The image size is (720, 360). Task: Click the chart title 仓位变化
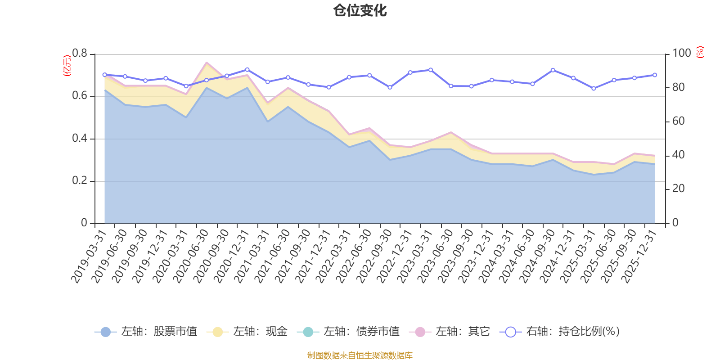[x=360, y=10]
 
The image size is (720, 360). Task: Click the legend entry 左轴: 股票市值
[x=146, y=332]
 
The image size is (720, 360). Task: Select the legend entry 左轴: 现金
[x=247, y=332]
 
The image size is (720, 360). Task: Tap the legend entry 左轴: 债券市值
[x=348, y=332]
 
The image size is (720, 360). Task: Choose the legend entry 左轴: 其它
[x=450, y=332]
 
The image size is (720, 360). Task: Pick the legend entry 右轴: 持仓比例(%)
[x=560, y=332]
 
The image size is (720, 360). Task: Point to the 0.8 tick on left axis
[x=80, y=54]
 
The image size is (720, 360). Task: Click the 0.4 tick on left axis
[x=80, y=139]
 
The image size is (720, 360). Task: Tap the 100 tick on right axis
[x=681, y=54]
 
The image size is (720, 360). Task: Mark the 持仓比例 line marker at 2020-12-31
[x=247, y=70]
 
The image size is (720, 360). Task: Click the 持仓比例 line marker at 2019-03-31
[x=104, y=75]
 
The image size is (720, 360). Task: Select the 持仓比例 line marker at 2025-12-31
[x=655, y=75]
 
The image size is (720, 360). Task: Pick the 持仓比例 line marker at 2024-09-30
[x=553, y=70]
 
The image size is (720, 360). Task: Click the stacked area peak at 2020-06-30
[x=207, y=63]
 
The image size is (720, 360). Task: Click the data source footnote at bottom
[x=360, y=355]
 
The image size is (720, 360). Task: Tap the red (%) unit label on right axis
[x=700, y=53]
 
